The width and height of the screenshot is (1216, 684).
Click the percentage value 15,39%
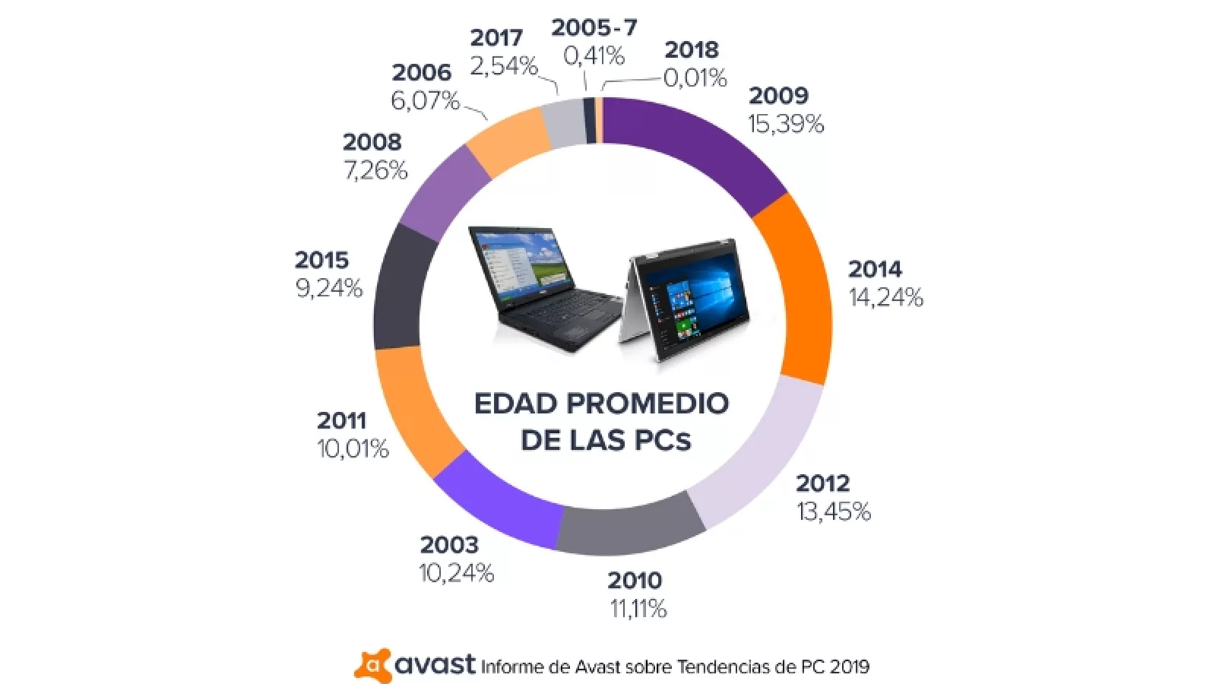(786, 124)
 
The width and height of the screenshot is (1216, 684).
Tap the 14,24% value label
(886, 297)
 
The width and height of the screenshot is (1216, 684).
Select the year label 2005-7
(594, 28)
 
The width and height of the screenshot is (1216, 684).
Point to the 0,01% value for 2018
(695, 78)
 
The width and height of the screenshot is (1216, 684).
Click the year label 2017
(496, 38)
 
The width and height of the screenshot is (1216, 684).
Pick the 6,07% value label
(426, 100)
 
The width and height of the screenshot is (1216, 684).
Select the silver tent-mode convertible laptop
(684, 300)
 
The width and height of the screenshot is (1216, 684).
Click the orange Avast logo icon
(373, 666)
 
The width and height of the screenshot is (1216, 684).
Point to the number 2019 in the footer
(849, 667)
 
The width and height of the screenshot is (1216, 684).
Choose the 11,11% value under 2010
(638, 609)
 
